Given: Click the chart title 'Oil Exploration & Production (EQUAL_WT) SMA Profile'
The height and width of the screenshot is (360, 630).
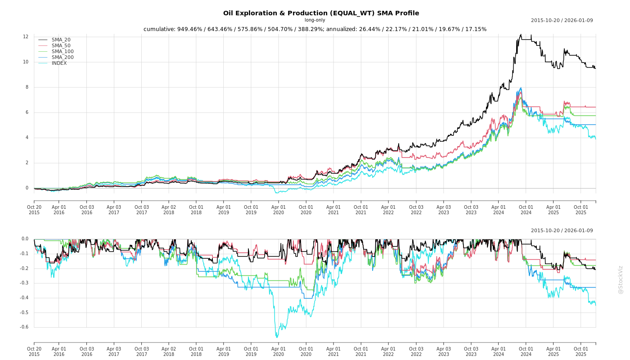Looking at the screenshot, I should (x=321, y=13).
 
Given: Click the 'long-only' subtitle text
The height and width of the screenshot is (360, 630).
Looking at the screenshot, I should (x=315, y=20).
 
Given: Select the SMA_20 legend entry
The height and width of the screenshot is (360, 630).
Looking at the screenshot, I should (x=61, y=40).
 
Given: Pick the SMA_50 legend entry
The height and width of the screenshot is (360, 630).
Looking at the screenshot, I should (x=61, y=46).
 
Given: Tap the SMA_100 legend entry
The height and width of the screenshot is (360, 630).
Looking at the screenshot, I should (x=62, y=52).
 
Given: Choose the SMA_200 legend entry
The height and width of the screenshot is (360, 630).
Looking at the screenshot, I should (x=62, y=58).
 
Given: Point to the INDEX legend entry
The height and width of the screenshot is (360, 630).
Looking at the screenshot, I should (x=59, y=63).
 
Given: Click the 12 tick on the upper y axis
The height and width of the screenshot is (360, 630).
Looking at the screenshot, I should (x=26, y=37).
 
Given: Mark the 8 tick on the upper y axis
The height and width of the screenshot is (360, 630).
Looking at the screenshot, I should (x=27, y=87).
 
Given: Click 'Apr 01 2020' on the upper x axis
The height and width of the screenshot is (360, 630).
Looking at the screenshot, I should (x=279, y=210).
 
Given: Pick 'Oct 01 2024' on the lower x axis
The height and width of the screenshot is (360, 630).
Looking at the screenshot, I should (x=526, y=351).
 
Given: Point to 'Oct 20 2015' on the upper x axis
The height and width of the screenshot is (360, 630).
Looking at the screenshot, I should (x=34, y=210).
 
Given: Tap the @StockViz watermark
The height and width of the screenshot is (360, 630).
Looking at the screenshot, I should (x=621, y=279).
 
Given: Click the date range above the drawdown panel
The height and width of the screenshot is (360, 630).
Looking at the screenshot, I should (x=562, y=231).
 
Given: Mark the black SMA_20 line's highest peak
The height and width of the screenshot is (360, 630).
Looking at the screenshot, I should (x=521, y=35).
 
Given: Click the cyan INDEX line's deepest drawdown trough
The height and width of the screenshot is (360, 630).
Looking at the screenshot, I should (x=276, y=337).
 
